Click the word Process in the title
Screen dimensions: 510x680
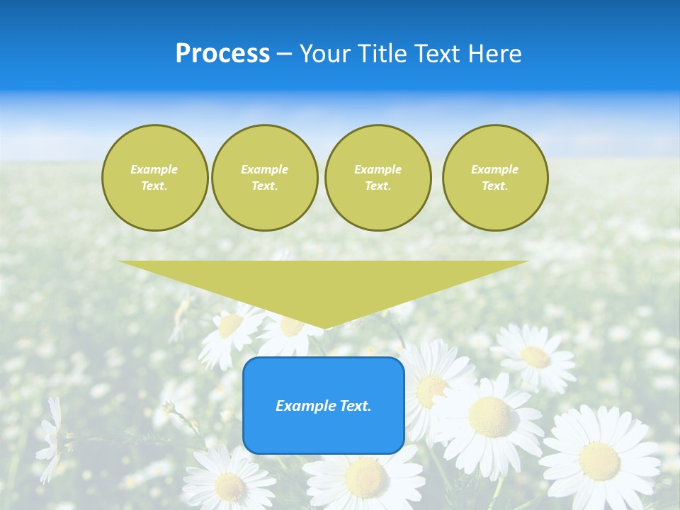(x=222, y=54)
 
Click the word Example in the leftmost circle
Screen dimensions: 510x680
(x=154, y=169)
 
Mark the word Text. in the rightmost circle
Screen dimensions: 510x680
(x=495, y=186)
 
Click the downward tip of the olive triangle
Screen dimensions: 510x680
(x=324, y=327)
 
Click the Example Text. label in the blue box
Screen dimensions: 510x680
(x=324, y=406)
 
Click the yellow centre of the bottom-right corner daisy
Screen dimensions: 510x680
(x=599, y=460)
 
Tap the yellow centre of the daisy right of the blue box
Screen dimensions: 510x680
(x=489, y=416)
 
